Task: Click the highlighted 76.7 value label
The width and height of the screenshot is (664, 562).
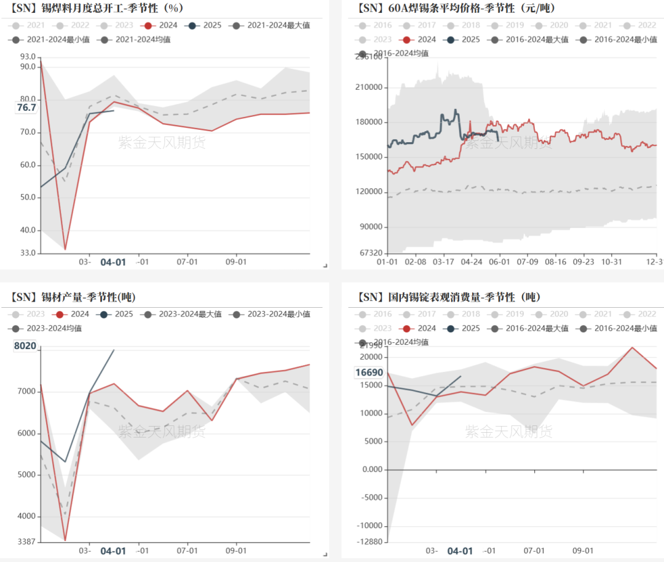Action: coord(26,108)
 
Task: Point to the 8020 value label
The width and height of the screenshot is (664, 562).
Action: coord(25,346)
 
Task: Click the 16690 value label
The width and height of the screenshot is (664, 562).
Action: coord(369,372)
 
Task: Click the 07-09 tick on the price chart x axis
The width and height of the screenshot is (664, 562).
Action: coord(527,262)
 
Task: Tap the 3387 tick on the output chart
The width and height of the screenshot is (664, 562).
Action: coord(26,542)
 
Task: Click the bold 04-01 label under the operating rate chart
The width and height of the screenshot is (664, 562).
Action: coord(113,262)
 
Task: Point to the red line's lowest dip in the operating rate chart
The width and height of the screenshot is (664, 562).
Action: coord(65,249)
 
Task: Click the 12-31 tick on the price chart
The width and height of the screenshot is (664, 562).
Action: coord(655,262)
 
